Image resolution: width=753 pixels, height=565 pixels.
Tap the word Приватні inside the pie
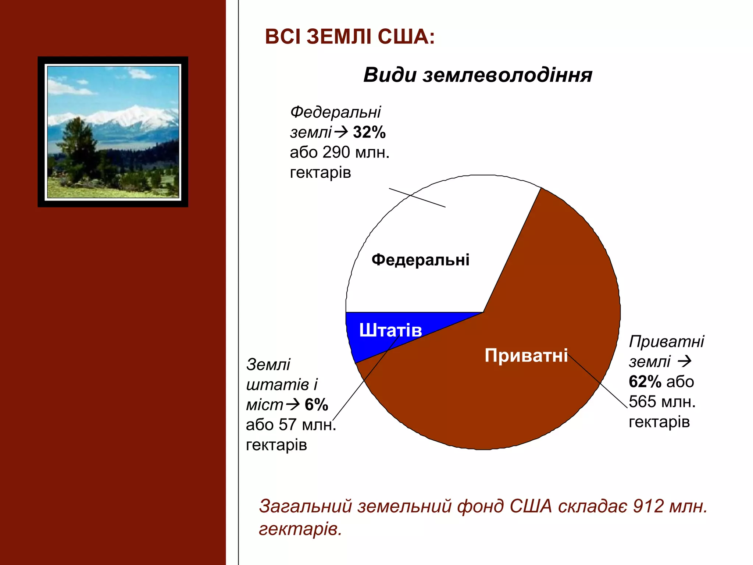click(x=526, y=356)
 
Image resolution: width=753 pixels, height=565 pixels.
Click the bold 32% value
click(x=369, y=132)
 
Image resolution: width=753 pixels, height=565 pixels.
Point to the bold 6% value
click(x=316, y=405)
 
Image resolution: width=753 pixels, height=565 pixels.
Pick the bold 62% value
click(x=645, y=382)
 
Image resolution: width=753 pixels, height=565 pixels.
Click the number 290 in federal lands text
click(x=336, y=153)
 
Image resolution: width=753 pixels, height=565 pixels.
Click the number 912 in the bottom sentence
click(x=648, y=507)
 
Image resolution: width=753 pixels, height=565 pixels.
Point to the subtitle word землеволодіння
click(x=507, y=75)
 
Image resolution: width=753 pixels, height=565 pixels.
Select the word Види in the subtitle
click(x=390, y=75)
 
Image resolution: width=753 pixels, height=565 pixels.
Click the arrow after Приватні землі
click(x=685, y=362)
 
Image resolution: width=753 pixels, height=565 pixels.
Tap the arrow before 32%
click(x=341, y=132)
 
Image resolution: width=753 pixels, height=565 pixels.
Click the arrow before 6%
click(x=293, y=405)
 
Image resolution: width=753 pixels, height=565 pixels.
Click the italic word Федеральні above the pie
click(x=335, y=112)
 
